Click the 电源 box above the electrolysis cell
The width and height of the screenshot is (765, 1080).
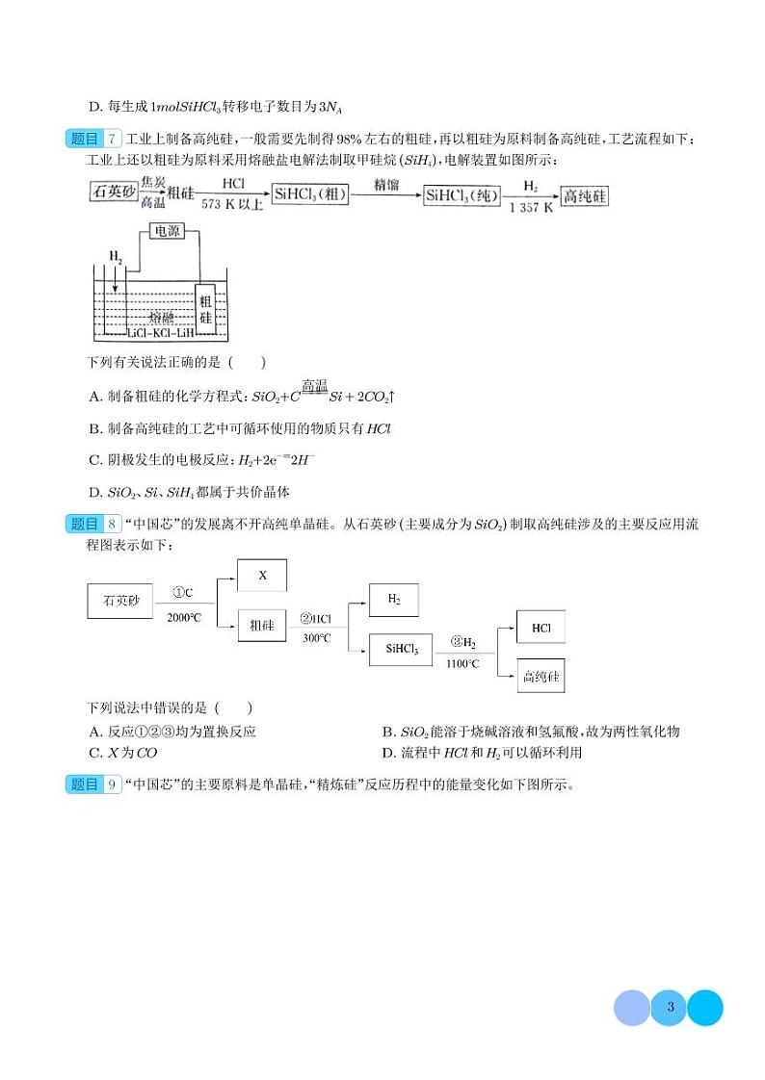point(168,231)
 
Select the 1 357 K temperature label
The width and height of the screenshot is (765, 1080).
point(531,207)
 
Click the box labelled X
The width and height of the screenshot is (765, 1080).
point(262,576)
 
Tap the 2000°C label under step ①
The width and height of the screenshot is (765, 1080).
point(183,617)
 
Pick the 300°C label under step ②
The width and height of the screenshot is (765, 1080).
point(316,637)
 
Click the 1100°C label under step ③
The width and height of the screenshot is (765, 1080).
point(462,663)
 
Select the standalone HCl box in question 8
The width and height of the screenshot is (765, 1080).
point(541,627)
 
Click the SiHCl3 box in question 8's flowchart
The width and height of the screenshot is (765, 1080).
point(402,650)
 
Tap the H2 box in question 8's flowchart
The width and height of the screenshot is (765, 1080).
point(395,599)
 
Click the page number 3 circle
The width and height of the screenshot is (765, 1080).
point(669,1008)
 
